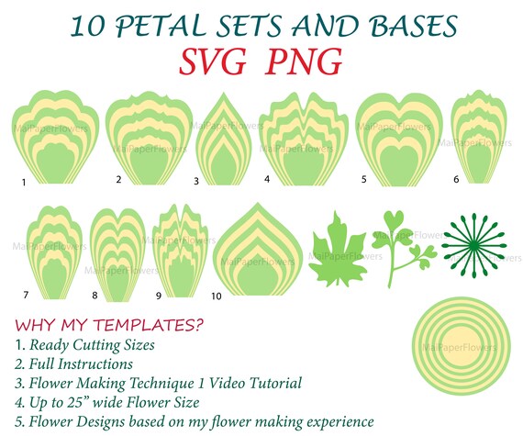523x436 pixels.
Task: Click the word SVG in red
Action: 213,62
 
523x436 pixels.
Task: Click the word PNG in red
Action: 304,61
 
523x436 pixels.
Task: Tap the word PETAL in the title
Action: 160,26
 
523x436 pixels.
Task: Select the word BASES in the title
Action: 414,26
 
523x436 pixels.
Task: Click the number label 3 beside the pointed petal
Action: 196,181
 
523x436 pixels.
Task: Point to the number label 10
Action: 217,296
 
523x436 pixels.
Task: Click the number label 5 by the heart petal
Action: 364,180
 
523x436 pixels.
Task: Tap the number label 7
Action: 26,295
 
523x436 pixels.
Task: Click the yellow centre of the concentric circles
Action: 462,346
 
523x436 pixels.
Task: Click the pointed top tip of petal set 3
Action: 224,93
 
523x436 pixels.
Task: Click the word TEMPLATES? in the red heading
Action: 148,325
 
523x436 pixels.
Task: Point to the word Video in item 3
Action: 227,383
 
